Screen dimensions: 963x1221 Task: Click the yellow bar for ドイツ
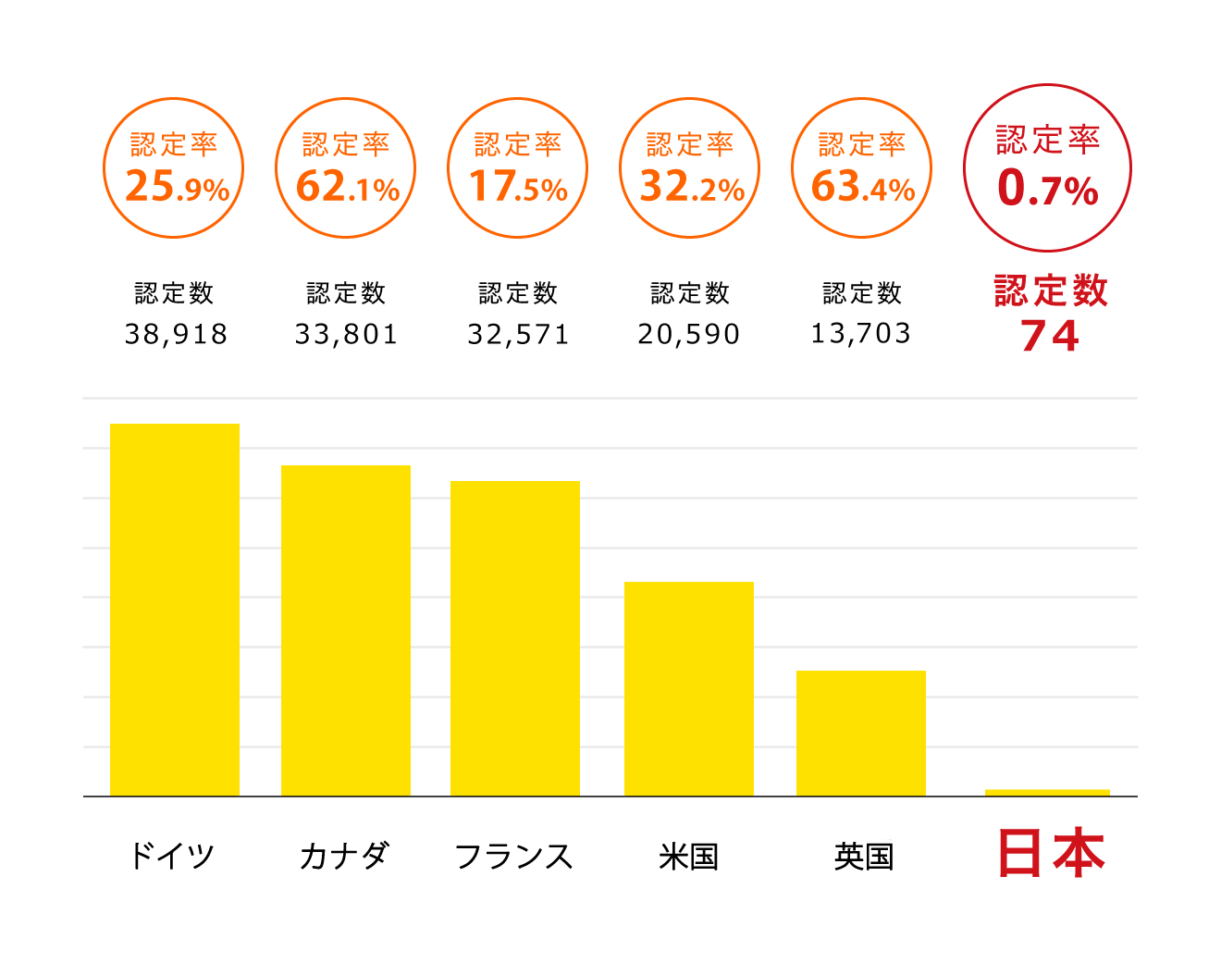coord(175,610)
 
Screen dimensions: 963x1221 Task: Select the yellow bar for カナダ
coord(346,630)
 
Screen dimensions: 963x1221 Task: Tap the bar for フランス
coord(515,638)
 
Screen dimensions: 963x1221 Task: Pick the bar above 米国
coord(689,688)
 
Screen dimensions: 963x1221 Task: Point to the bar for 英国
coord(861,733)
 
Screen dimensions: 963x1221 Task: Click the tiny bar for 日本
coord(1047,793)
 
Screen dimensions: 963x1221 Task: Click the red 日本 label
coord(1052,854)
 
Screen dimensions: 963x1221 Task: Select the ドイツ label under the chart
coord(172,856)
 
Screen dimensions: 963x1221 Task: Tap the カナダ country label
coord(344,856)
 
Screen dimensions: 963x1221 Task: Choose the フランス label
coord(514,856)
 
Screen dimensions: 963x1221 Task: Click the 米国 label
coord(689,856)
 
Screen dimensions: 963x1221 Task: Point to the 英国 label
coord(863,856)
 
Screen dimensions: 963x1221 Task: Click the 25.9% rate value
coord(177,188)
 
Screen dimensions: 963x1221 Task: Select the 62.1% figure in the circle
coord(348,188)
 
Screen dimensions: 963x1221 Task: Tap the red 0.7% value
coord(1048,190)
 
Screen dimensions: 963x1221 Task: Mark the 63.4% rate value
coord(863,188)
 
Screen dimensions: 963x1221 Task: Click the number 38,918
coord(177,334)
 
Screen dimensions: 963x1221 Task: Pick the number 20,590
coord(689,334)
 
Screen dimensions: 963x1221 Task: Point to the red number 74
coord(1050,336)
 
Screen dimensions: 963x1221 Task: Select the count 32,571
coord(519,334)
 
